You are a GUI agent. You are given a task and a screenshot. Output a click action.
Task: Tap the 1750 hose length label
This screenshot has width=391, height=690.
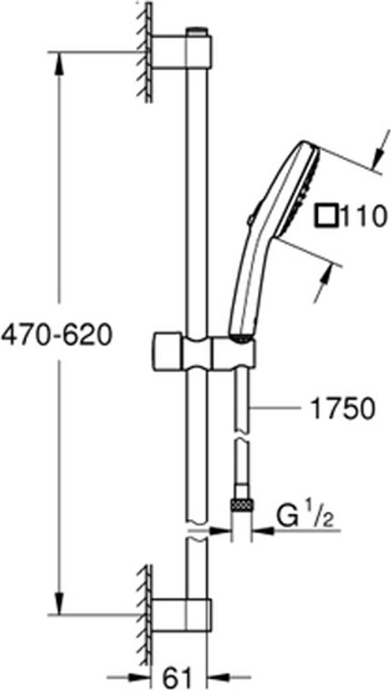[x=343, y=409]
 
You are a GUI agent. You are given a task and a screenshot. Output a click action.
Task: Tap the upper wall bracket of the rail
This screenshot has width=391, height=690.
[x=182, y=51]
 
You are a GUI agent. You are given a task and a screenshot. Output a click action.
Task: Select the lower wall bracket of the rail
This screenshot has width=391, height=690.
[x=182, y=615]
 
